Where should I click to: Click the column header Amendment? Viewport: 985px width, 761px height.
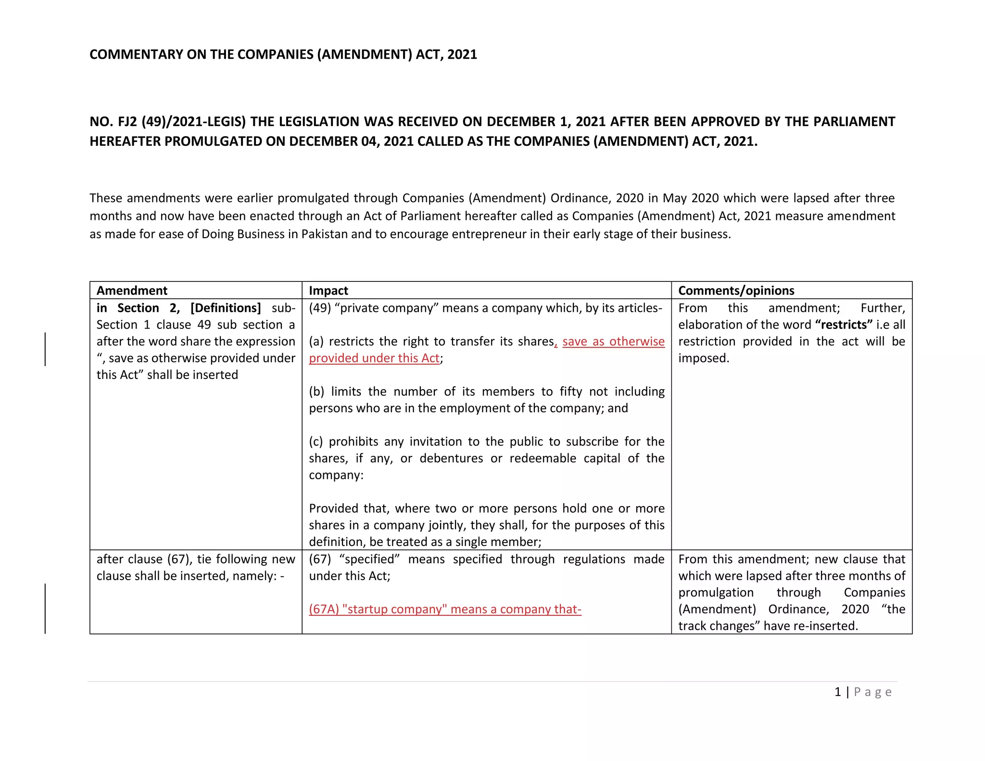tap(132, 291)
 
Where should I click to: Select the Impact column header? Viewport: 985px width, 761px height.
tap(328, 291)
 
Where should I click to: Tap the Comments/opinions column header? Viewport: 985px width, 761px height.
tap(736, 291)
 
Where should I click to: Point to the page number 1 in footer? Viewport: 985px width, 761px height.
tap(837, 692)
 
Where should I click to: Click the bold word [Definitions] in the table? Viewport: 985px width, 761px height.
tap(226, 308)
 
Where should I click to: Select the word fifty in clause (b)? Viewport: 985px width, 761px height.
tap(571, 392)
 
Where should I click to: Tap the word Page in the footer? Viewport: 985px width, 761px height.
tap(872, 692)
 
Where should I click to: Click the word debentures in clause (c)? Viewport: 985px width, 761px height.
tap(451, 458)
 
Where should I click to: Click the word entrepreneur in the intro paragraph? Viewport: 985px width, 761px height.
tap(487, 234)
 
